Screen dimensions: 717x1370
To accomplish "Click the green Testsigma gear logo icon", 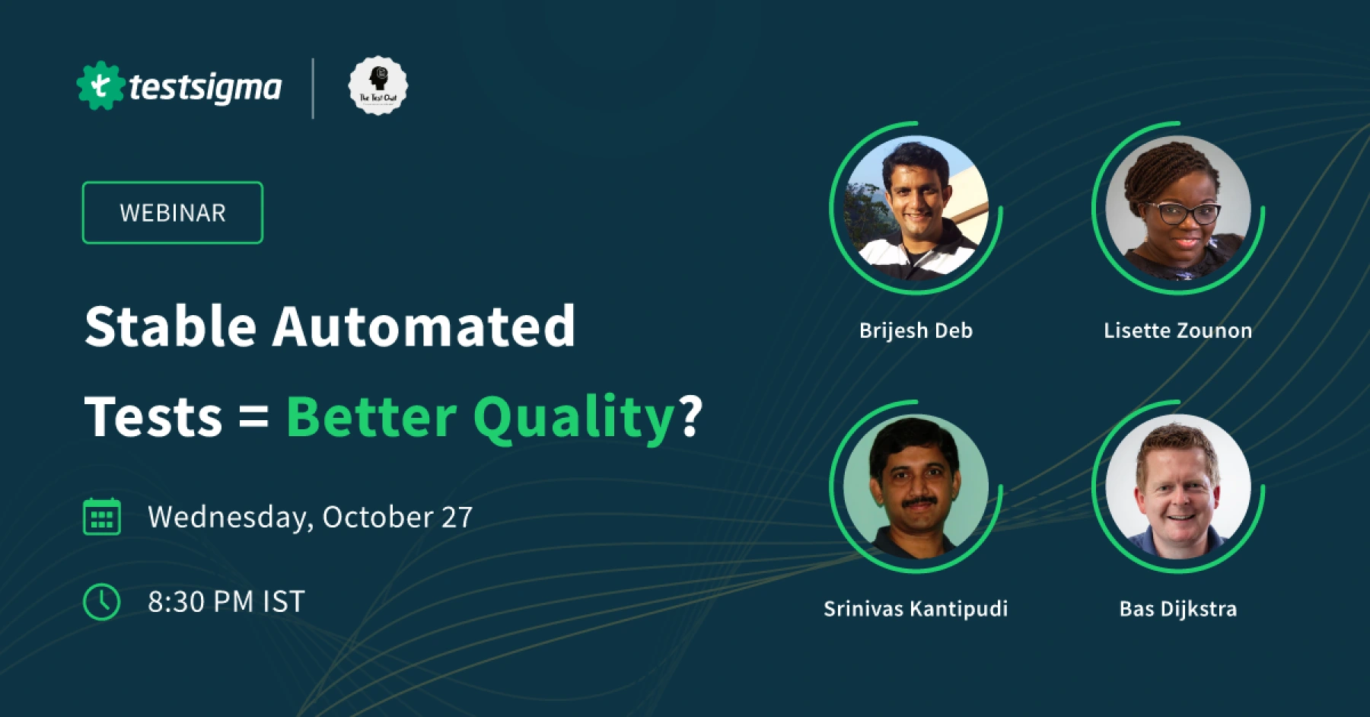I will [100, 86].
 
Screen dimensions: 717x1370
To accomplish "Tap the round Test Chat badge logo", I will [378, 86].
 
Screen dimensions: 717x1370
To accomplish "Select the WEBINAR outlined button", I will [173, 212].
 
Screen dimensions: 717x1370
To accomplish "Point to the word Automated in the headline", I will [423, 326].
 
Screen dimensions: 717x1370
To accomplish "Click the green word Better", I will [371, 417].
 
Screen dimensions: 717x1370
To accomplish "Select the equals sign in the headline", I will [253, 417].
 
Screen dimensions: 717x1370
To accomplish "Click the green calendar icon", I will [101, 517].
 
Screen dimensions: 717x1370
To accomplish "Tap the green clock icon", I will [101, 602].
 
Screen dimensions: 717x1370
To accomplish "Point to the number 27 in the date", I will [457, 518].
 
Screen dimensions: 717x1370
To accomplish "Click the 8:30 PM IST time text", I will [226, 602].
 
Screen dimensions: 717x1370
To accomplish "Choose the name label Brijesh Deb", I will [916, 330].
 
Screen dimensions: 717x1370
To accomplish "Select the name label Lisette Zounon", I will [1177, 330].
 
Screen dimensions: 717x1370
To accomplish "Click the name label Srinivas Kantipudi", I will [916, 609].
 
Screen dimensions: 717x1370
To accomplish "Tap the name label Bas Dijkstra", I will [1178, 609].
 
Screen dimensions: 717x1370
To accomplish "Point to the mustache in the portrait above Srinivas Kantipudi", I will [919, 502].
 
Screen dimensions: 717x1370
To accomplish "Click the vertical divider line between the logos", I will [313, 88].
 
